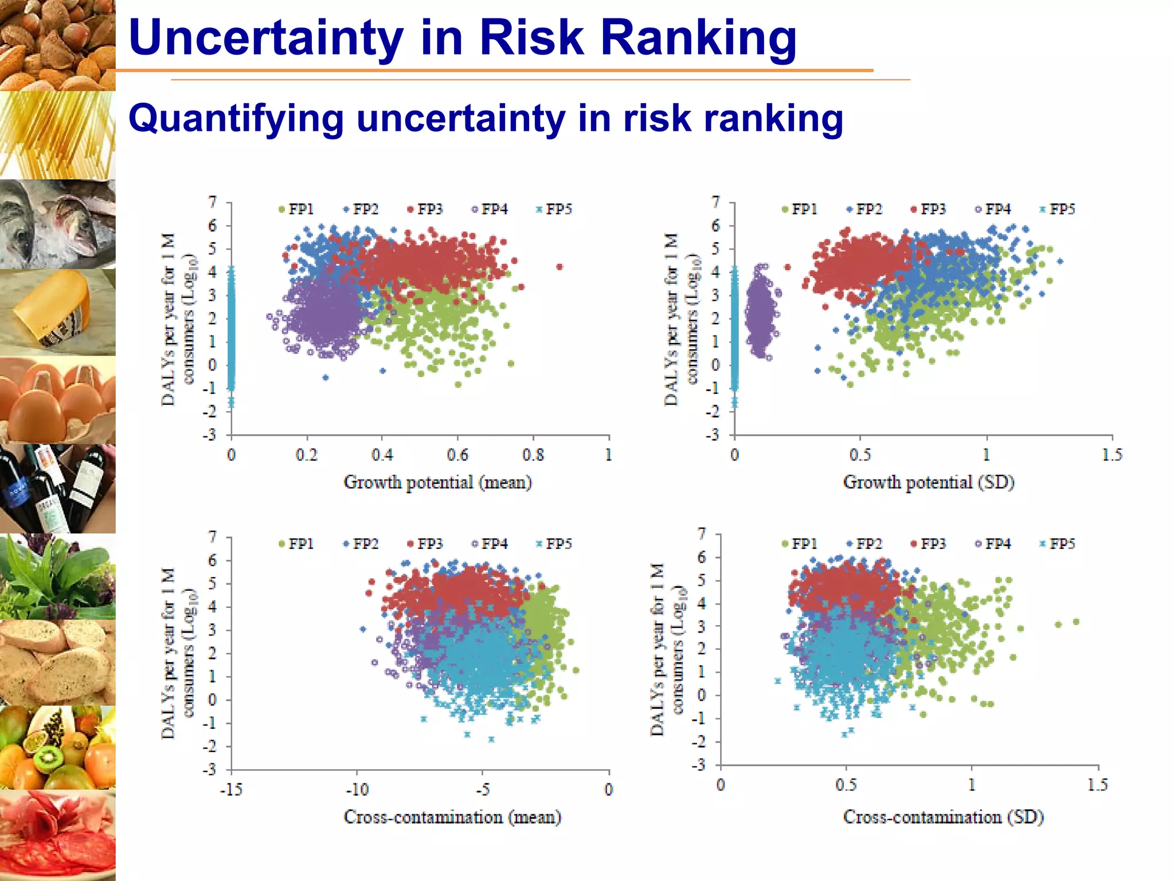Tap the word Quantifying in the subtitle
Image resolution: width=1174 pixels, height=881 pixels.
pyautogui.click(x=236, y=118)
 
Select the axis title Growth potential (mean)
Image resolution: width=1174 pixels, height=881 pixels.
pyautogui.click(x=437, y=482)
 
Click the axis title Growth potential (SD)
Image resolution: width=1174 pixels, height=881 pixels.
pyautogui.click(x=929, y=482)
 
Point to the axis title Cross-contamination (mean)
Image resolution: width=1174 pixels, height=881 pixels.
pyautogui.click(x=452, y=817)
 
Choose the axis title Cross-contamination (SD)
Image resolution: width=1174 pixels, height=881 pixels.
pyautogui.click(x=943, y=817)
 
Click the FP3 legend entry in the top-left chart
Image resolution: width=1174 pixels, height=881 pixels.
pyautogui.click(x=425, y=209)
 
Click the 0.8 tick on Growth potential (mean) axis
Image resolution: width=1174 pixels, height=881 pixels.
pyautogui.click(x=533, y=455)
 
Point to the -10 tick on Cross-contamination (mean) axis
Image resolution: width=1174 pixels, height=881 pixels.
pyautogui.click(x=357, y=790)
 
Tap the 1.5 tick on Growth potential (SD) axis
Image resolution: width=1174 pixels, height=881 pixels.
pyautogui.click(x=1112, y=455)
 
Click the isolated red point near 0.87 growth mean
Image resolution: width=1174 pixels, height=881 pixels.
pyautogui.click(x=559, y=267)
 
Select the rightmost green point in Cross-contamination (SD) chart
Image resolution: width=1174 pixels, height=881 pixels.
pyautogui.click(x=1076, y=622)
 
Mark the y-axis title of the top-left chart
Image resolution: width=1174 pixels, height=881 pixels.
pyautogui.click(x=178, y=319)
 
